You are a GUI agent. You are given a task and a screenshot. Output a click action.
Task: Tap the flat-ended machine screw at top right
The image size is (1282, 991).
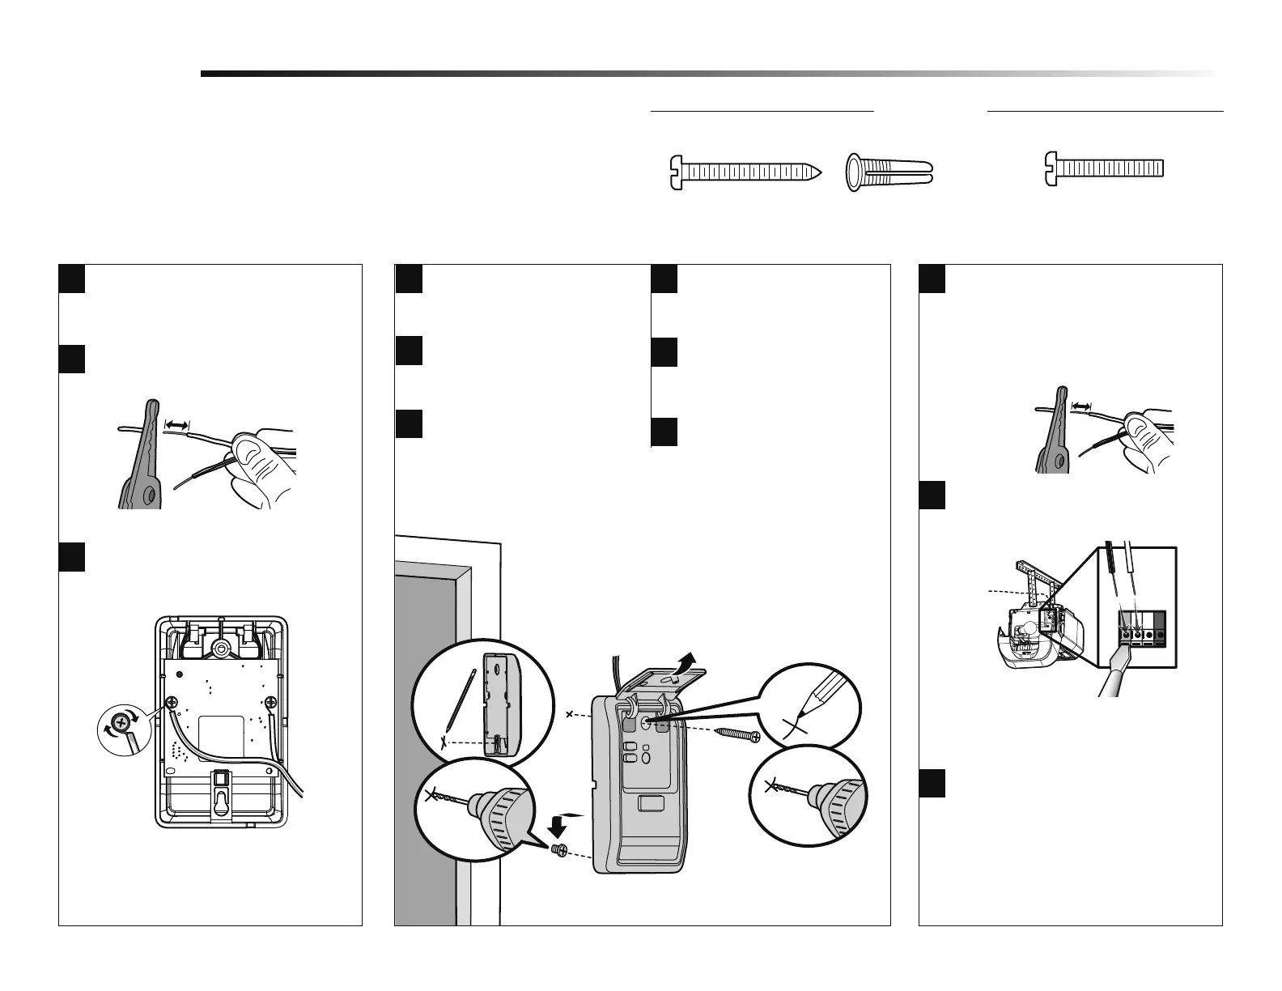click(x=1104, y=168)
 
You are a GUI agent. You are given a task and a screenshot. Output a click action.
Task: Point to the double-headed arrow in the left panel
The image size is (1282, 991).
click(x=176, y=423)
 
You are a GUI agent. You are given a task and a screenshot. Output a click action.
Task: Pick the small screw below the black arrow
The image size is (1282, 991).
click(x=558, y=849)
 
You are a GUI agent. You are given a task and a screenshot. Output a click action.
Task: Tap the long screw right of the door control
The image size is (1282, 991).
click(x=735, y=734)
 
